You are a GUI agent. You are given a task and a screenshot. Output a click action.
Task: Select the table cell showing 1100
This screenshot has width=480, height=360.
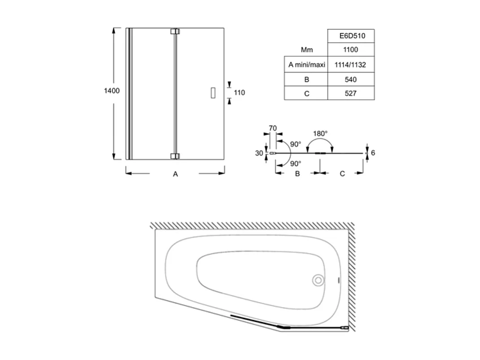(x=350, y=50)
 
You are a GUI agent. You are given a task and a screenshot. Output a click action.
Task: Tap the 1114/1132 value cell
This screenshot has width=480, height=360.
(x=350, y=65)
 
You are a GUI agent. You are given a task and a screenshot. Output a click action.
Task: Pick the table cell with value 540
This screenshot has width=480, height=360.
(x=350, y=79)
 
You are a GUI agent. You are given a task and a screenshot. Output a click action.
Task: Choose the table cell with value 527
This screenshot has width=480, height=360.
(x=350, y=93)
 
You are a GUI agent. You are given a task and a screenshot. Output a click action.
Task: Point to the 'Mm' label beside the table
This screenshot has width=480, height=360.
(x=307, y=50)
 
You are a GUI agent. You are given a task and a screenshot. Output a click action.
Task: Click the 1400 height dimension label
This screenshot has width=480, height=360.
(x=112, y=91)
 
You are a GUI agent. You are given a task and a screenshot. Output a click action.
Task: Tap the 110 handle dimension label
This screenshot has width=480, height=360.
(x=240, y=93)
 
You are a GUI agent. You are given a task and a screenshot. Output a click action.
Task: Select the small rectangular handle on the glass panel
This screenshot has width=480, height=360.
(x=213, y=92)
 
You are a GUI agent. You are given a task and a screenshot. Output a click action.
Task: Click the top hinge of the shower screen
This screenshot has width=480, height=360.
(x=175, y=31)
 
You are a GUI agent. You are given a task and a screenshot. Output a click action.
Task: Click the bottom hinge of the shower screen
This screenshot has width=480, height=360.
(x=175, y=156)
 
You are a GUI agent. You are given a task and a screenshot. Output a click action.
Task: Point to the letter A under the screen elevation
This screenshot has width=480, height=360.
(x=175, y=174)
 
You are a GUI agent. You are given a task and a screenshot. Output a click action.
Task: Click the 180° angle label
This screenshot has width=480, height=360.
(x=320, y=133)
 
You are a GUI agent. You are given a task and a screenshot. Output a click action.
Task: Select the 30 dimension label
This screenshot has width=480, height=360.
(x=259, y=153)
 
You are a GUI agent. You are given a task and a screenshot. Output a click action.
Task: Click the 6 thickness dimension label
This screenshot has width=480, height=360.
(x=373, y=153)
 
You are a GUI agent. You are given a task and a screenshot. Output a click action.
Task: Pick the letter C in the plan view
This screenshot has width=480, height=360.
(x=342, y=174)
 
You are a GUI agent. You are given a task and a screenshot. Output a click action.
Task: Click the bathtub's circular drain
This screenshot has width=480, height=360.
(x=318, y=281)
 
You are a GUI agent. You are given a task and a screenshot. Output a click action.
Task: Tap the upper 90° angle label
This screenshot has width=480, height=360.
(x=295, y=144)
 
